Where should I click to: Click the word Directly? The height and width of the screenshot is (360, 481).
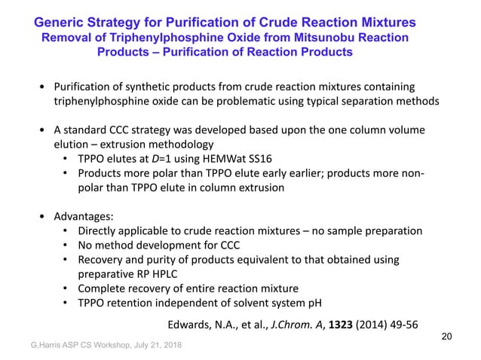pos(100,230)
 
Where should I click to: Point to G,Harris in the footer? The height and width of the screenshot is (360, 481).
pos(29,349)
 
